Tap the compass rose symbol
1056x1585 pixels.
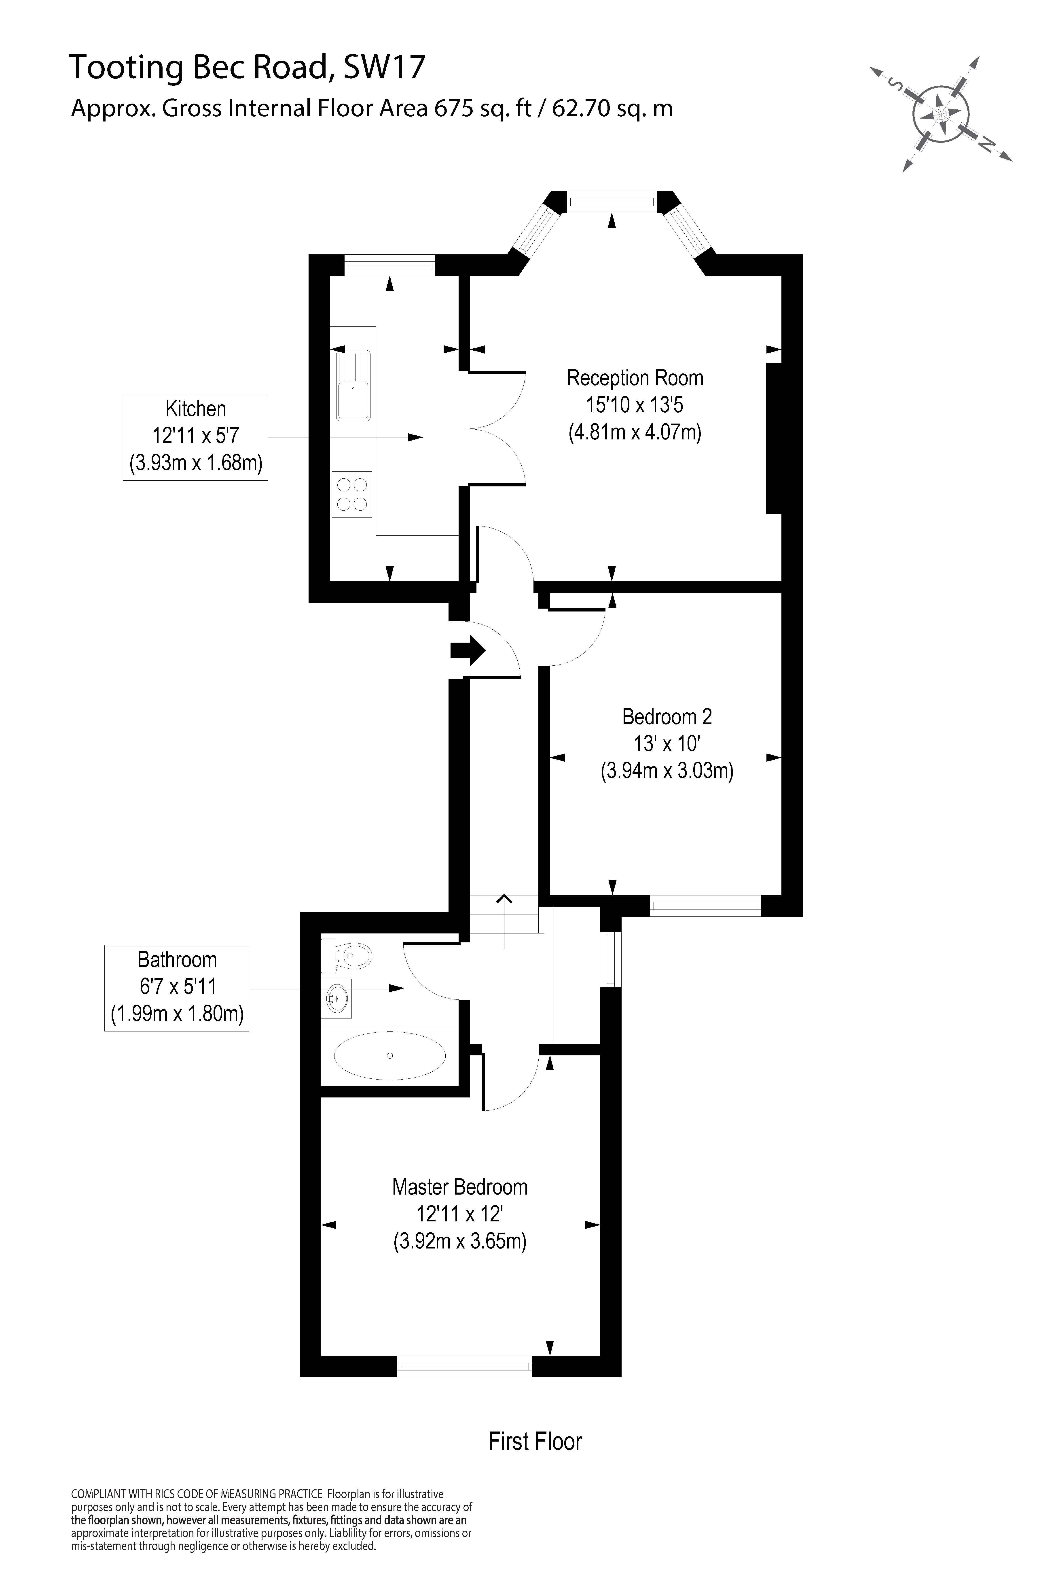941,113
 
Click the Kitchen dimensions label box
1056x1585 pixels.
195,437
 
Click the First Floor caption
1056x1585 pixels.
535,1441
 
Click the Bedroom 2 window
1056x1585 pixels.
705,906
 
